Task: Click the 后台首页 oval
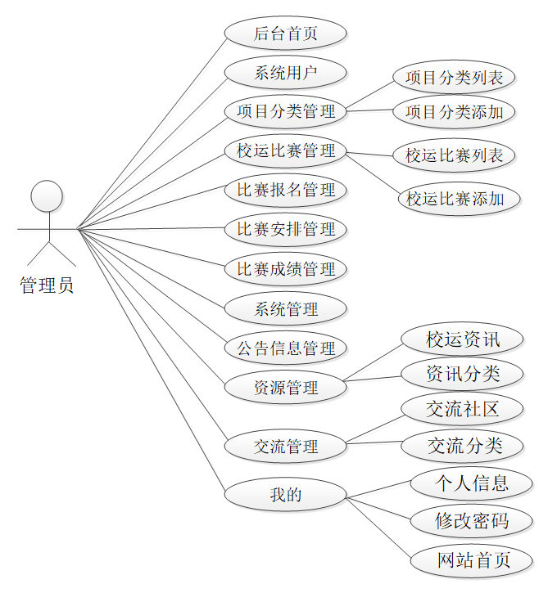(285, 34)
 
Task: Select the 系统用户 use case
(285, 73)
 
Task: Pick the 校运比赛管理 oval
(286, 151)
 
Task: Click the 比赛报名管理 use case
(286, 191)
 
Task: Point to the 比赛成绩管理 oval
(286, 269)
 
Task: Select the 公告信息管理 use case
(286, 348)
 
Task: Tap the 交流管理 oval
(286, 447)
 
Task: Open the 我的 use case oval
(286, 494)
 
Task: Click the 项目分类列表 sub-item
(455, 79)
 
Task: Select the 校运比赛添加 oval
(460, 198)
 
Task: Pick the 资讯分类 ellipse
(462, 374)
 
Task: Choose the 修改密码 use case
(471, 520)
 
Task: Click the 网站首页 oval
(471, 560)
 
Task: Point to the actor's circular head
(47, 197)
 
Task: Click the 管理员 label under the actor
(47, 285)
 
